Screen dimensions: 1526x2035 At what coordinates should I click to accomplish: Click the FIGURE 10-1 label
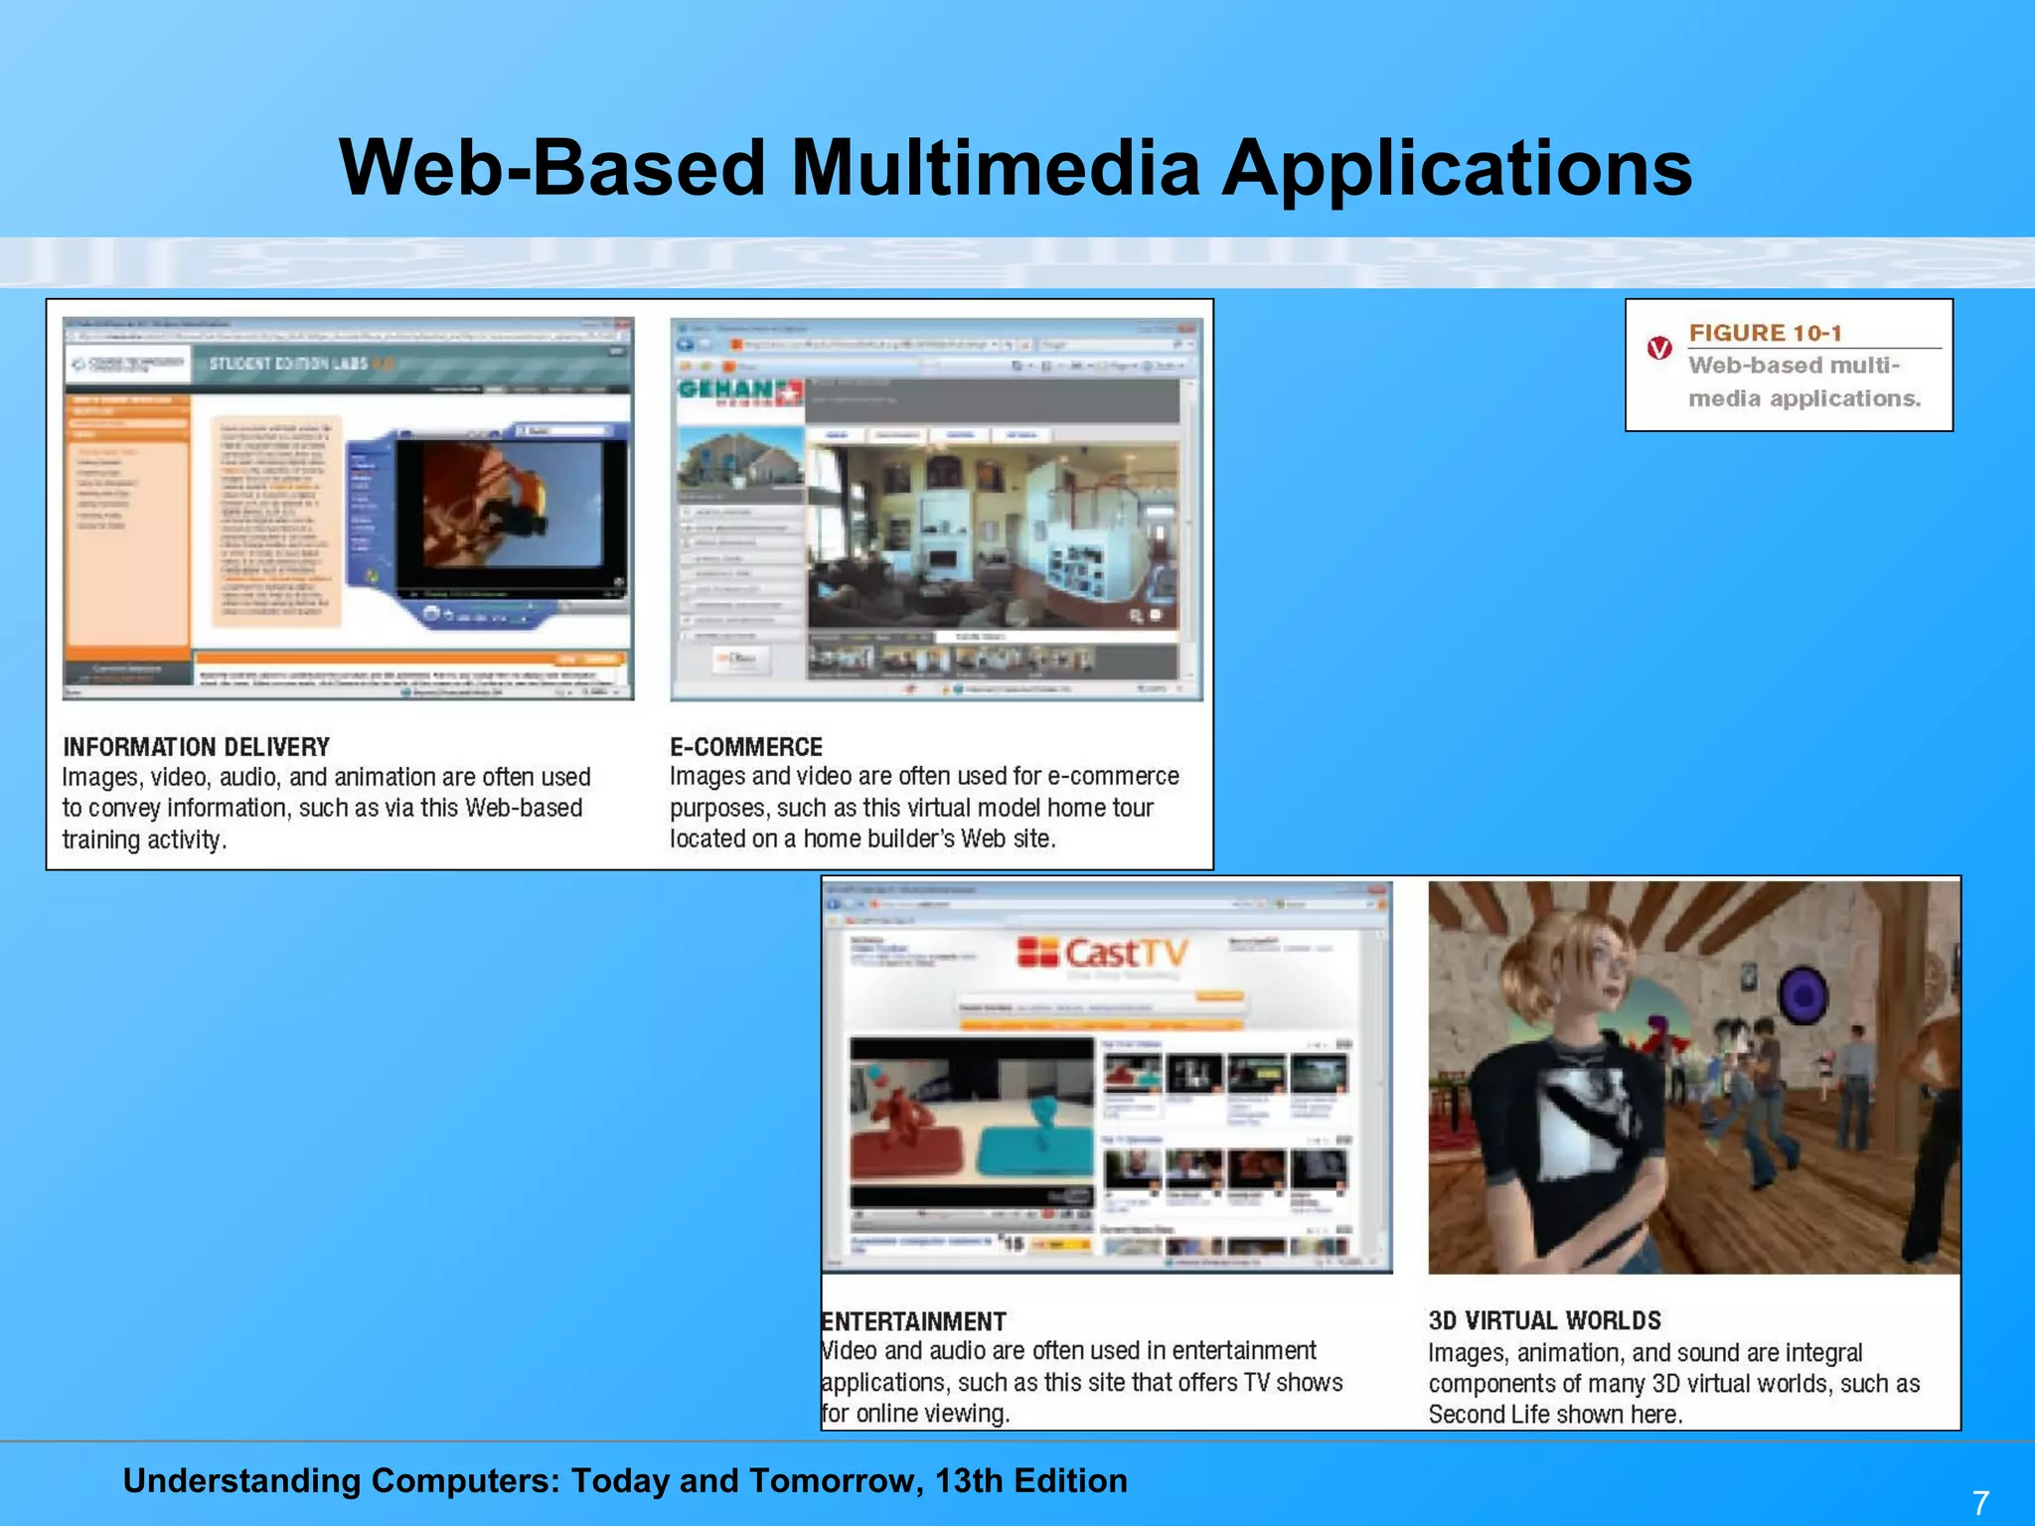(1765, 333)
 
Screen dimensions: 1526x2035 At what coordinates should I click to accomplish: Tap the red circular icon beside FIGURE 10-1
(1658, 349)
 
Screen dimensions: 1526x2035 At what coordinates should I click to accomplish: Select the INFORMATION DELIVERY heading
(196, 747)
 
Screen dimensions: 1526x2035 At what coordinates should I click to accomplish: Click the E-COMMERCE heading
(746, 747)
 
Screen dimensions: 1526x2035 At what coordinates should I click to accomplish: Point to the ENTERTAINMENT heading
(914, 1321)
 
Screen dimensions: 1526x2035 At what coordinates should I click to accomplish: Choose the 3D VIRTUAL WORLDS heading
(1544, 1320)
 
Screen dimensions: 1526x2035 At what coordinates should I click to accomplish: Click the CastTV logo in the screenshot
(1103, 954)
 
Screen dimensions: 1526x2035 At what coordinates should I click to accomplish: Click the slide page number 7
(1980, 1501)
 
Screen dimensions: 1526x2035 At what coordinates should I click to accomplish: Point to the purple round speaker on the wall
(1801, 996)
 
